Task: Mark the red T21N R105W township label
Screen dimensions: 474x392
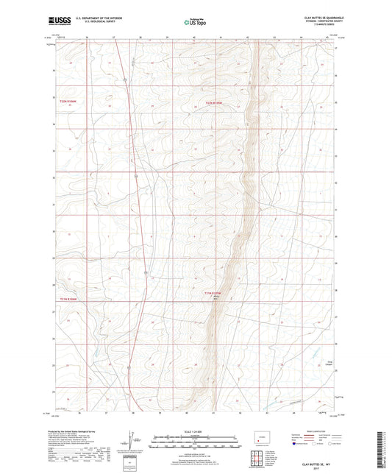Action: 212,292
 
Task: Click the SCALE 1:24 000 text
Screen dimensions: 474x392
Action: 195,431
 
